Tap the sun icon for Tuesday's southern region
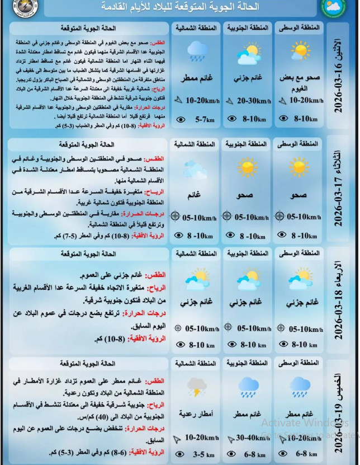[x=246, y=167]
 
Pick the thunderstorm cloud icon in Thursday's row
[x=196, y=386]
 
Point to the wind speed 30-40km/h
[x=252, y=438]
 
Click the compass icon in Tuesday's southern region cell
[x=227, y=216]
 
